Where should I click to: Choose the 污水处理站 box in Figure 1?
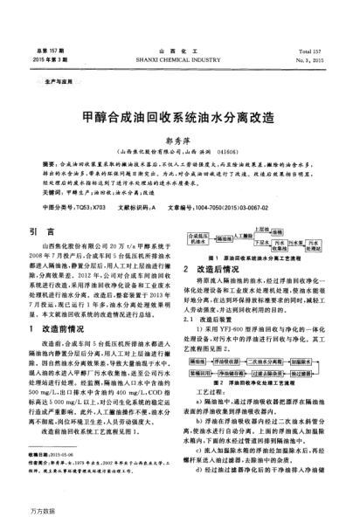click(x=323, y=244)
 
